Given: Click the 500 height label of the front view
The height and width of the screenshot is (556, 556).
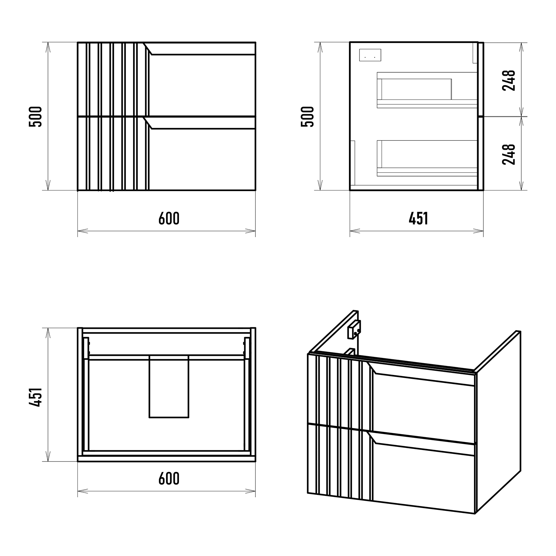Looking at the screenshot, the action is point(36,116).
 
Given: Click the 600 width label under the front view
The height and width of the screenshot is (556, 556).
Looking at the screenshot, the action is point(169,218).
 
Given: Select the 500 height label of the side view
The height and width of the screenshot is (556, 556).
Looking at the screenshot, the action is point(308,116).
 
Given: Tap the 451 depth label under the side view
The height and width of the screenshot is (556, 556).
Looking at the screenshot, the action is point(418,218).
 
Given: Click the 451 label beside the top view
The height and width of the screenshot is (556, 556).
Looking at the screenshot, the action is point(36,397).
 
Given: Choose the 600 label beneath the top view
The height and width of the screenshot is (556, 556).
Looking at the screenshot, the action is point(169,479).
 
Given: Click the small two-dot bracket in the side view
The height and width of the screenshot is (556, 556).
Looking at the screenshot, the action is point(370,55).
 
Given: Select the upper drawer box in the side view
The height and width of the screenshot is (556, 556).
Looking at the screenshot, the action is point(427,90).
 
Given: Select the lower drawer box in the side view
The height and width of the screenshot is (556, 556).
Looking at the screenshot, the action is point(427,158).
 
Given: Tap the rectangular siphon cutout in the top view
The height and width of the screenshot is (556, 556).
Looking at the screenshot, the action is point(169,386).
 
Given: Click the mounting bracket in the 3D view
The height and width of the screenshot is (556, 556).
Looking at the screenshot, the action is point(354,329).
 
